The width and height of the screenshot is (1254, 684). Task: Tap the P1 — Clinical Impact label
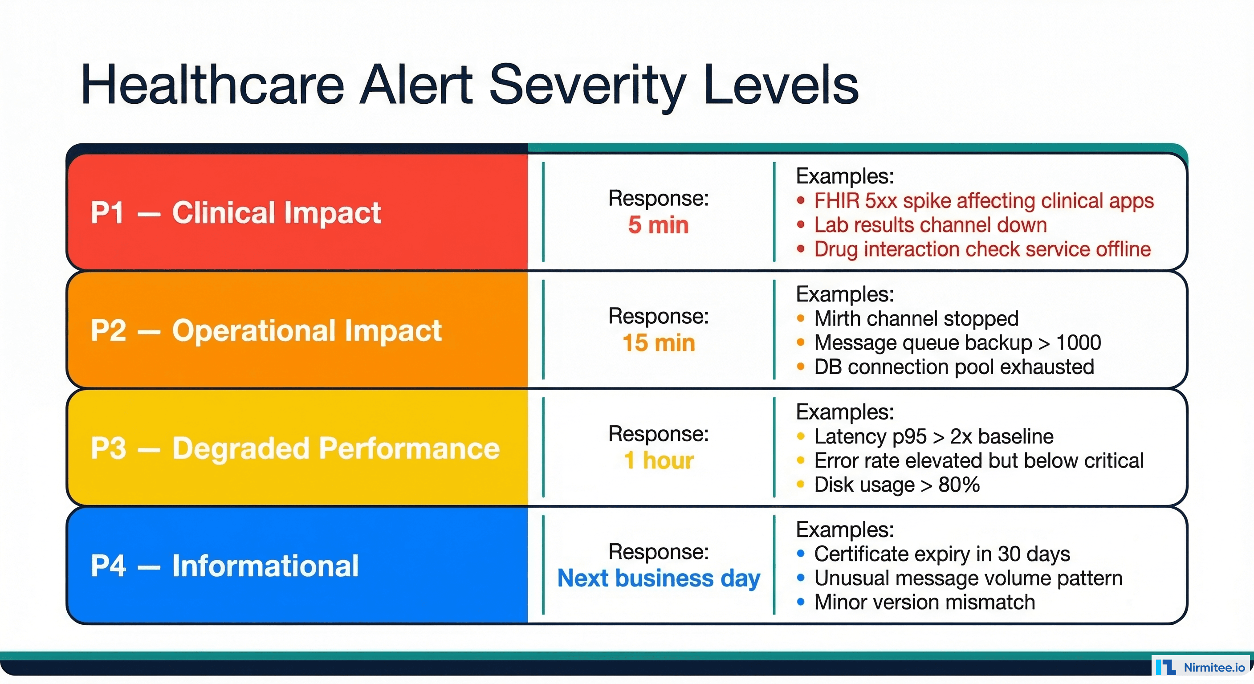(x=236, y=213)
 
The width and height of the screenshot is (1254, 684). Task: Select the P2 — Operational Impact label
(x=266, y=330)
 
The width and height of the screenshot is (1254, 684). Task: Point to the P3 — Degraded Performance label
(x=295, y=448)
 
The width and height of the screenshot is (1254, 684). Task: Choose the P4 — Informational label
(x=224, y=566)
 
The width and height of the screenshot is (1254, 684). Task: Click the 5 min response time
(x=658, y=225)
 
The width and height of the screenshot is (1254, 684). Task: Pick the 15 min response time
(x=658, y=343)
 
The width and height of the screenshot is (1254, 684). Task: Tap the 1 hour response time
(x=658, y=460)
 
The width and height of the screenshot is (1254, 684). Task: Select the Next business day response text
(x=658, y=578)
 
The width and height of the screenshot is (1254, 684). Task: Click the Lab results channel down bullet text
(x=930, y=225)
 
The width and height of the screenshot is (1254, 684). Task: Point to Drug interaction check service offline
(x=982, y=249)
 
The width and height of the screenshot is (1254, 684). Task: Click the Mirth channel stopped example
(x=916, y=319)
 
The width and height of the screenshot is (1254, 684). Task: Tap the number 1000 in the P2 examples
(x=1078, y=343)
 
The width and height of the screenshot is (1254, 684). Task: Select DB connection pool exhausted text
(x=954, y=367)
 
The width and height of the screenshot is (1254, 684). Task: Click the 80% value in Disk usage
(x=958, y=485)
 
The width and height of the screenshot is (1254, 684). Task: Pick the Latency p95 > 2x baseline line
(x=933, y=437)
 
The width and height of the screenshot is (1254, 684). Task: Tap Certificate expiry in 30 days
(x=941, y=554)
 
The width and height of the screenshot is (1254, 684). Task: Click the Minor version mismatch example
(x=924, y=603)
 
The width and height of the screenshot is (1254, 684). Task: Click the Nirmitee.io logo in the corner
(x=1201, y=668)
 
